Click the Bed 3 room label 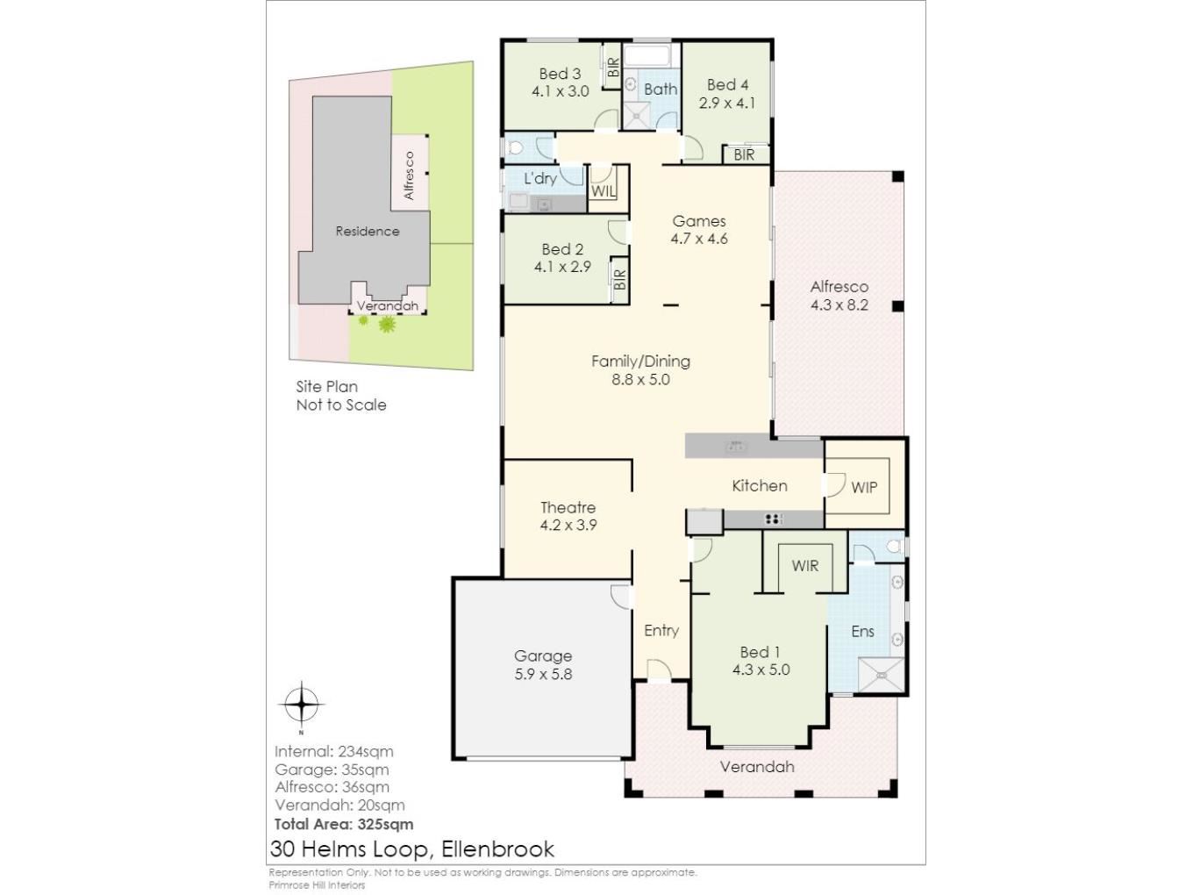[560, 74]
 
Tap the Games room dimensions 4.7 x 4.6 [699, 239]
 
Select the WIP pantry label [864, 488]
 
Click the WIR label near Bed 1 [805, 566]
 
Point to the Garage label [543, 656]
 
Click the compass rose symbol [302, 704]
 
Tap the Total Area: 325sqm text [344, 824]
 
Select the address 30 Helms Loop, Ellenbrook [412, 848]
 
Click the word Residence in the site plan [368, 232]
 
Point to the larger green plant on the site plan [387, 325]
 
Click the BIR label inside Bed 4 [744, 155]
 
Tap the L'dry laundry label [540, 178]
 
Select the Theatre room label [568, 507]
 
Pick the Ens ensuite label [862, 632]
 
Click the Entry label [661, 631]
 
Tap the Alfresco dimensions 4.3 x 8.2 [839, 304]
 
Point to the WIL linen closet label [604, 191]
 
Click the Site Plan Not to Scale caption [341, 396]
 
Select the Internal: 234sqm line [333, 752]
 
